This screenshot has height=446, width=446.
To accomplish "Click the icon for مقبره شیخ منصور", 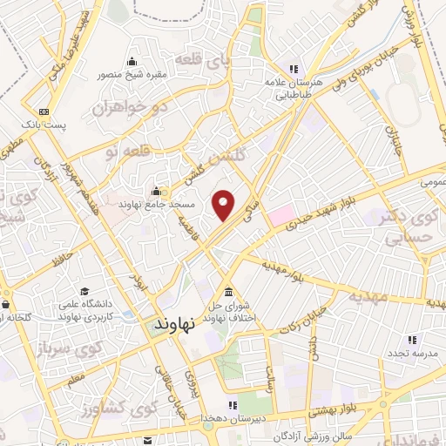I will (132, 61).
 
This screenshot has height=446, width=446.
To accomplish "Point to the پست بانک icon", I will (44, 111).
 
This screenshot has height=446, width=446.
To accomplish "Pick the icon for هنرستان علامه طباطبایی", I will (294, 69).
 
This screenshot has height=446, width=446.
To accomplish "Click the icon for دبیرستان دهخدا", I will (233, 405).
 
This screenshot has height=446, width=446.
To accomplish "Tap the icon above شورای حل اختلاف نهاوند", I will (228, 292).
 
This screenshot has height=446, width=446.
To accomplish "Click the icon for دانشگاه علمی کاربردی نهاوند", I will (84, 291).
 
